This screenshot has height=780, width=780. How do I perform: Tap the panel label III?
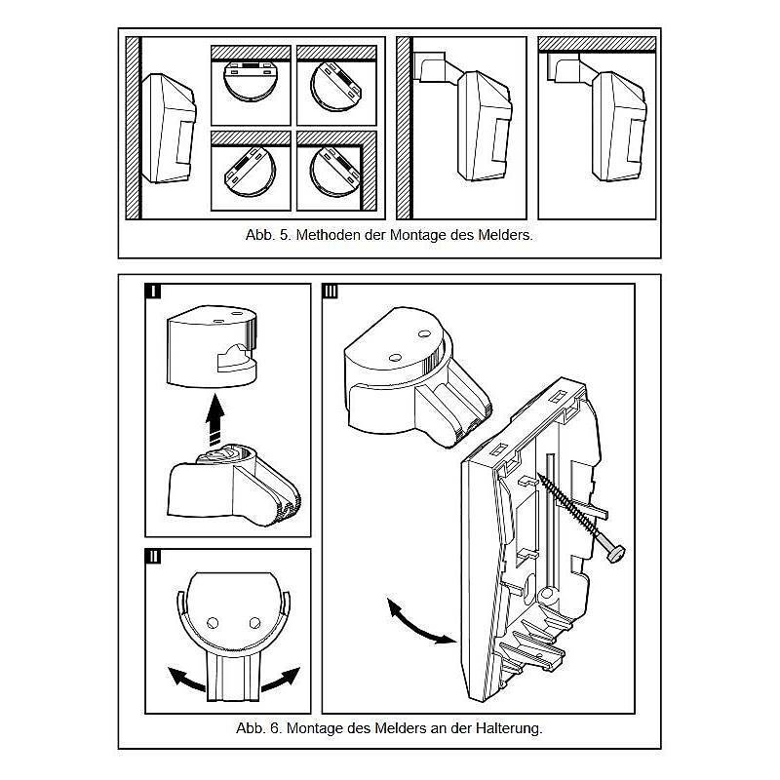click(x=331, y=292)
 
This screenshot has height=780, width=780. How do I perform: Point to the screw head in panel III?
click(x=616, y=552)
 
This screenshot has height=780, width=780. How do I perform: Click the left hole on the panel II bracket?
click(x=214, y=621)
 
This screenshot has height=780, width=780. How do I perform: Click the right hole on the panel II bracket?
click(x=255, y=621)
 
